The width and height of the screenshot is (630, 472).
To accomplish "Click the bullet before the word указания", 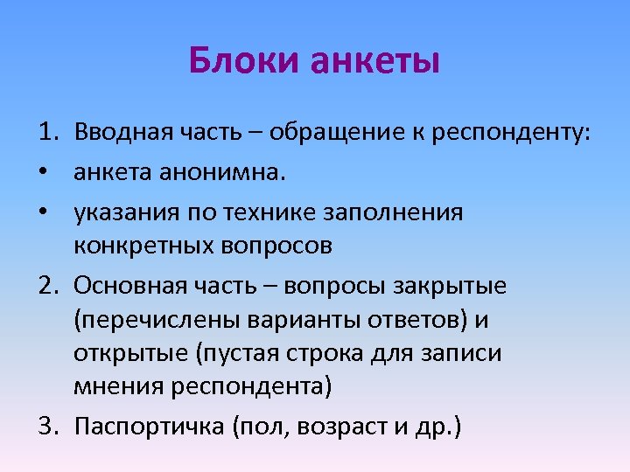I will [44, 212].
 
